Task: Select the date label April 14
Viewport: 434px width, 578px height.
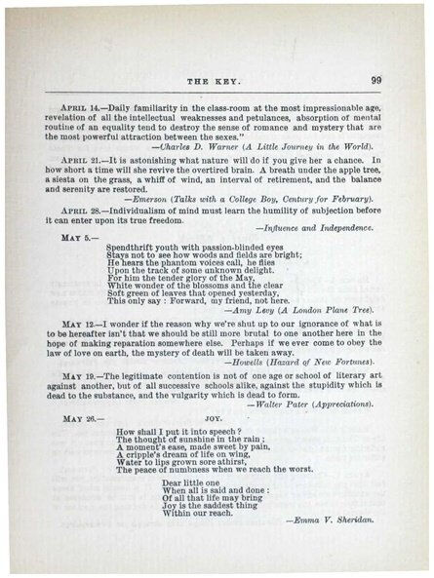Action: [x=80, y=102]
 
